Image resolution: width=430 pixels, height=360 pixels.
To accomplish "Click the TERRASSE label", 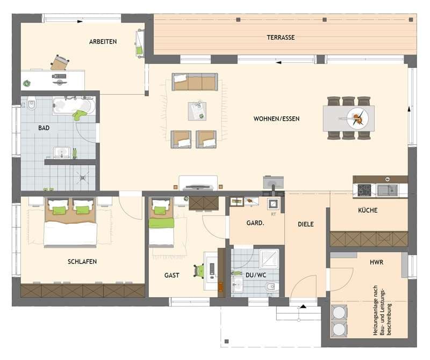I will click(281, 38).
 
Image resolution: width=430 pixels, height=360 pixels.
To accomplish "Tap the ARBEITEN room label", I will click(103, 41).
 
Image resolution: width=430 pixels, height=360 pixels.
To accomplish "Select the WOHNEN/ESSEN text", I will click(277, 118).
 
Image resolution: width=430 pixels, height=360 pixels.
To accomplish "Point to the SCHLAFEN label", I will click(82, 262).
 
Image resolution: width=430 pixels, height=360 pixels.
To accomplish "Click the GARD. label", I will click(254, 222).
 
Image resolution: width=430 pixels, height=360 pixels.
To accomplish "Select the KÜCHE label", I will click(368, 210).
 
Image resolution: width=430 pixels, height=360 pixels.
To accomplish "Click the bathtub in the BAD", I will click(74, 105).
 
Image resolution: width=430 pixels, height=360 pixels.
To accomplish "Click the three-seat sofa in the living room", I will click(195, 82).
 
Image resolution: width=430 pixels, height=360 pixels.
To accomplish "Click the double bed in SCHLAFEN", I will click(70, 222).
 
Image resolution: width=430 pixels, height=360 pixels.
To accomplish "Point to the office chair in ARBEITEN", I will click(59, 62).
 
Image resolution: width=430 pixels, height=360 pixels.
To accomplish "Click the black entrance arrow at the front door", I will click(303, 307).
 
